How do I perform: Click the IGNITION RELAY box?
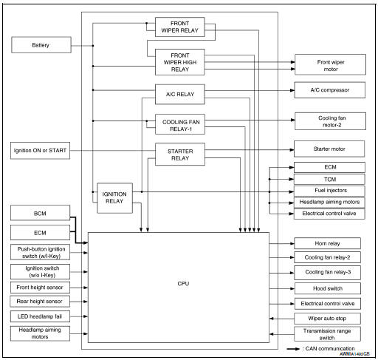point(114,197)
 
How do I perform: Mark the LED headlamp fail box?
point(41,316)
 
